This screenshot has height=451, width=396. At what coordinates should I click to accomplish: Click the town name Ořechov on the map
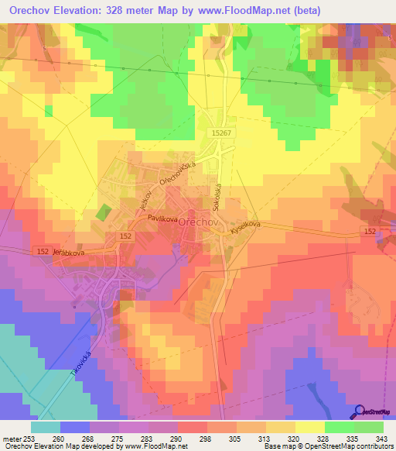point(207,222)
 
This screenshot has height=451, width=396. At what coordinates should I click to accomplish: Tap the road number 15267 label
point(221,133)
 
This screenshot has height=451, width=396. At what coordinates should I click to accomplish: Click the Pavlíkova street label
point(163,219)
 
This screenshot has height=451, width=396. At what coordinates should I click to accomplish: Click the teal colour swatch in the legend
point(46,426)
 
